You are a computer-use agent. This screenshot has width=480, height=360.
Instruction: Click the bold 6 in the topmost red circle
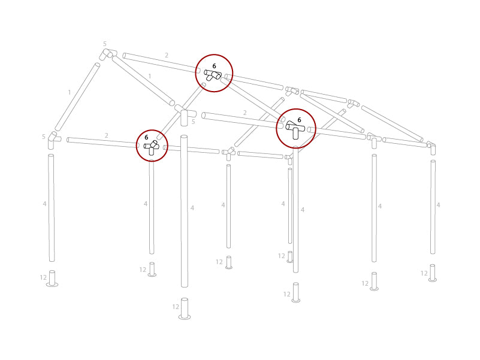pos(214,66)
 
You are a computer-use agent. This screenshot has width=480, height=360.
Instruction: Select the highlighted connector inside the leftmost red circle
pos(152,147)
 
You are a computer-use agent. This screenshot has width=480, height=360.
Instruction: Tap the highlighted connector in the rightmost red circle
pos(295,129)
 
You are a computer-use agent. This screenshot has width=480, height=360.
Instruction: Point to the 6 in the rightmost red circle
pos(299,120)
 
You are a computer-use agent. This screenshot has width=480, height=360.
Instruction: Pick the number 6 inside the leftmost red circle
pos(146,137)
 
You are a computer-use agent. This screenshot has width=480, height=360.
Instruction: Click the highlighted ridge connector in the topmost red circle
pos(213,75)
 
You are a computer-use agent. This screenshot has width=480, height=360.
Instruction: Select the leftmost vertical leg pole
pos(52,207)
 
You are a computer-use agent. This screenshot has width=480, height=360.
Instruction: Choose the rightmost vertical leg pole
pos(433,207)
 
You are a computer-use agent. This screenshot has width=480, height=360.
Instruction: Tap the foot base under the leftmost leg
pos(52,279)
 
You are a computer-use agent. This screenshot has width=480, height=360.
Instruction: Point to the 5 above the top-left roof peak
pos(104,44)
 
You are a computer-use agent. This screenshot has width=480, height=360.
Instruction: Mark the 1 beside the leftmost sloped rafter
pos(70,92)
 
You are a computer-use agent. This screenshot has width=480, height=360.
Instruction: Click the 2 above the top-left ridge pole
pos(167,55)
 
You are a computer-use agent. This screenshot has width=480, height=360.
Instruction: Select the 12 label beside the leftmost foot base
pos(43,277)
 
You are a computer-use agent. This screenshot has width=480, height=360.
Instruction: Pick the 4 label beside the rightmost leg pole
pos(438,205)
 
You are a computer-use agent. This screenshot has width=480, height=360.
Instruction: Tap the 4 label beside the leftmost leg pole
pos(44,204)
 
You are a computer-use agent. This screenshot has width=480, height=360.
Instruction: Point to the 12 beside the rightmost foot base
pos(424,273)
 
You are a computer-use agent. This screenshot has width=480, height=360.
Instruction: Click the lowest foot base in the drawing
pos(185,309)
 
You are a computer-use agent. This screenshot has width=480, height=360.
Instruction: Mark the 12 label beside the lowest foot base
pos(176,307)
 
